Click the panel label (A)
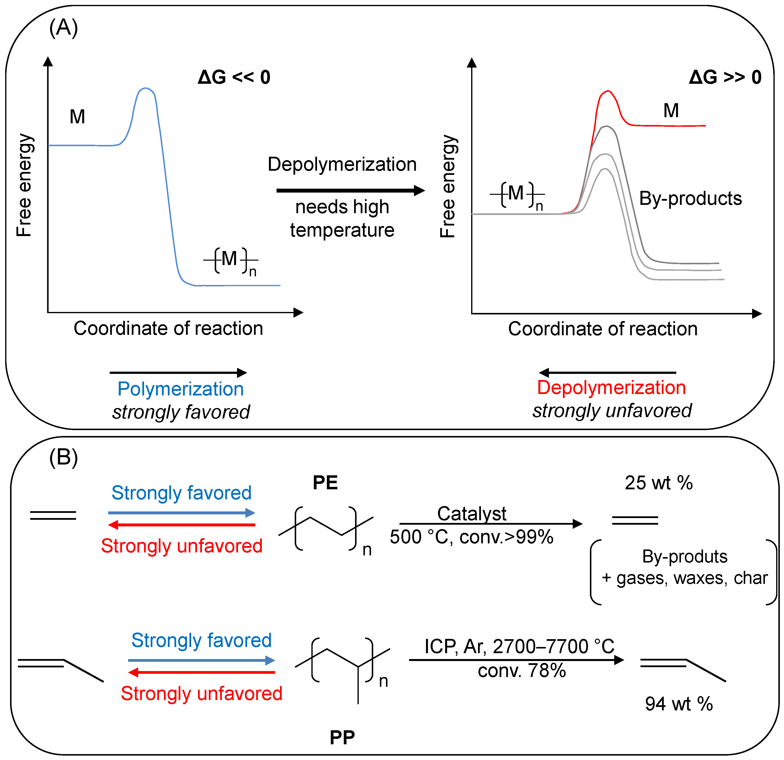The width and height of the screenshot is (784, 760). pyautogui.click(x=63, y=28)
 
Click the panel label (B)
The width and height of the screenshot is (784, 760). pyautogui.click(x=63, y=458)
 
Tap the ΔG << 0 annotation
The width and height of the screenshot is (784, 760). pyautogui.click(x=234, y=77)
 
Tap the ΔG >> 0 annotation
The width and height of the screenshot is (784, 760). pyautogui.click(x=725, y=77)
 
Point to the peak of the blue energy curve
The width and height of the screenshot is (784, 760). pyautogui.click(x=146, y=88)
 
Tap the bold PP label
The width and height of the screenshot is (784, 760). pyautogui.click(x=342, y=738)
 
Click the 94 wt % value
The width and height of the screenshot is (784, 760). pyautogui.click(x=679, y=704)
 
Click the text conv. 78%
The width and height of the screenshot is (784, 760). pyautogui.click(x=522, y=671)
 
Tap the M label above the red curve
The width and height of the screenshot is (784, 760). pyautogui.click(x=671, y=111)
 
